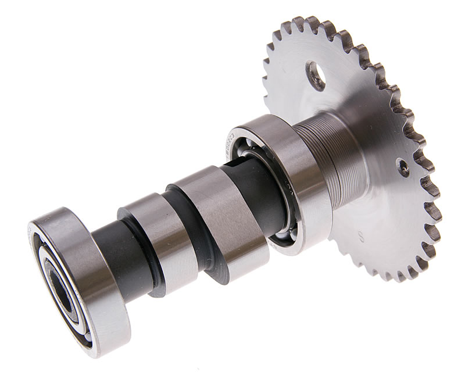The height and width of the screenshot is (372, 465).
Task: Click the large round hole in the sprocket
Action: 316,75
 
